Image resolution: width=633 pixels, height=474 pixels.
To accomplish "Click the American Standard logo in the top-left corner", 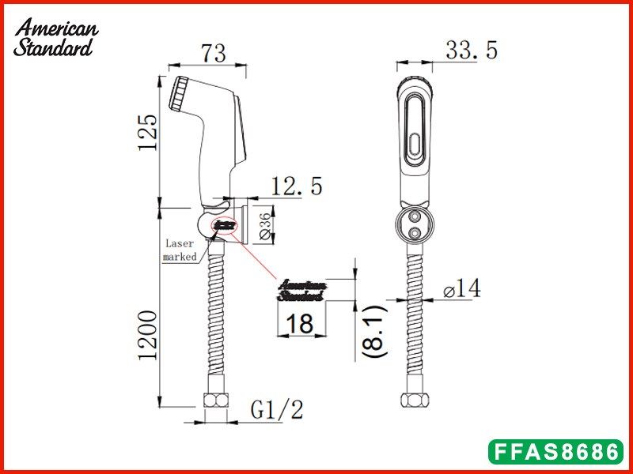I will pyautogui.click(x=55, y=36).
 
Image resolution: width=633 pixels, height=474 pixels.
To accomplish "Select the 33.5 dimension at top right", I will pyautogui.click(x=471, y=51).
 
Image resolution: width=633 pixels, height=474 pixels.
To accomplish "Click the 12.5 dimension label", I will pyautogui.click(x=296, y=186).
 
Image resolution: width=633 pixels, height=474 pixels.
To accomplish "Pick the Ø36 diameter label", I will pyautogui.click(x=267, y=224).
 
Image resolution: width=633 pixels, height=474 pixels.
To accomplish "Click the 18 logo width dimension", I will pyautogui.click(x=300, y=325).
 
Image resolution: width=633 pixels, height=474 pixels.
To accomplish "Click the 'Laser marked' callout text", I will pyautogui.click(x=180, y=250).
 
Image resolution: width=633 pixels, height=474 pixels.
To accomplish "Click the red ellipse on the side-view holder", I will pyautogui.click(x=224, y=226).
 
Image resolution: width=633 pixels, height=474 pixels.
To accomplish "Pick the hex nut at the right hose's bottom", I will pyautogui.click(x=415, y=401).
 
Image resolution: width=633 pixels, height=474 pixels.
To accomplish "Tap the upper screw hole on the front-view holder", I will pyautogui.click(x=415, y=216).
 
